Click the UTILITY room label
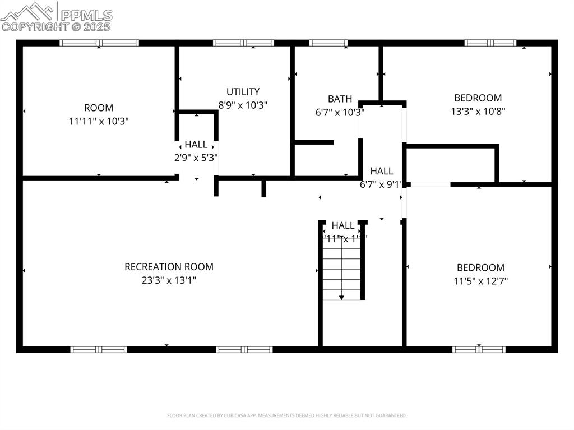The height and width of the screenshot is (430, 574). (243, 91)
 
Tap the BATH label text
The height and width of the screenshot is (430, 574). (340, 99)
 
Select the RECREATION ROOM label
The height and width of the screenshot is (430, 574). (169, 267)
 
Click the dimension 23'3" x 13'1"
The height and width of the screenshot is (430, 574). (169, 280)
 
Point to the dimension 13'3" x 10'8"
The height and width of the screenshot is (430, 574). (478, 111)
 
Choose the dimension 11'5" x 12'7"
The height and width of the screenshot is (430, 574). (480, 281)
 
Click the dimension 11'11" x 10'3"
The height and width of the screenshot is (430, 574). (99, 121)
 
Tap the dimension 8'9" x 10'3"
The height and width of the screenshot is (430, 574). (243, 104)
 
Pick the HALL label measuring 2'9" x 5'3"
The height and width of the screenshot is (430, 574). (196, 145)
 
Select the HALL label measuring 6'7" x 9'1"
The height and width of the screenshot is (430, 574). (381, 171)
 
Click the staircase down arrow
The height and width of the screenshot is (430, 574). (342, 296)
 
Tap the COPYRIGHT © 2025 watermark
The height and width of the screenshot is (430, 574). (56, 26)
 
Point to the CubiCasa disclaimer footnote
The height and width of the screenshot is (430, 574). (287, 415)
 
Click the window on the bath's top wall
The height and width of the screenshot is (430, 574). (328, 43)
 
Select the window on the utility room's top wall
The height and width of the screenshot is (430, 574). (243, 43)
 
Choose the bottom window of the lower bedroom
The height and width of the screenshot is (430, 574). (479, 349)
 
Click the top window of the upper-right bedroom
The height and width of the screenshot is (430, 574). (490, 43)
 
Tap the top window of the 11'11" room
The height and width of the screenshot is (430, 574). (99, 43)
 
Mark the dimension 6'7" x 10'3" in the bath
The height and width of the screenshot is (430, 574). (340, 112)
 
